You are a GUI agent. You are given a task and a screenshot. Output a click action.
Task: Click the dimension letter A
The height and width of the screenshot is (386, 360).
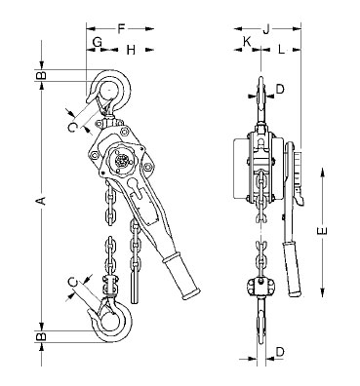pos(41,201)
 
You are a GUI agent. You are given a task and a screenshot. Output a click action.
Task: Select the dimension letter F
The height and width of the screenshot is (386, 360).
pos(121,29)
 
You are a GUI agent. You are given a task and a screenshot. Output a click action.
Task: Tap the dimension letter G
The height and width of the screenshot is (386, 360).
pos(98,42)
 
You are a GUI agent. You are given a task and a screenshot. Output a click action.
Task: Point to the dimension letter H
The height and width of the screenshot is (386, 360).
pos(131,50)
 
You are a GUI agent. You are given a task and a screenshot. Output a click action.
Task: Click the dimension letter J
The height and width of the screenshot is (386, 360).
pos(266,29)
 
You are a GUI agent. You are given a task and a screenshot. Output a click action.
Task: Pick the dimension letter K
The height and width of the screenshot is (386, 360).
pos(247,41)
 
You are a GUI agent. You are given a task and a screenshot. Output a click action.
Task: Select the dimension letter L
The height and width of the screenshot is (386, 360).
pos(281,50)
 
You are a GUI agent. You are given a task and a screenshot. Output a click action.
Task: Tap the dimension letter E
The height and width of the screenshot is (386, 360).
pos(322,231)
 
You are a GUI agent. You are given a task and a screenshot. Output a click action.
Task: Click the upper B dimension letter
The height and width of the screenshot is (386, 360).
pos(41,75)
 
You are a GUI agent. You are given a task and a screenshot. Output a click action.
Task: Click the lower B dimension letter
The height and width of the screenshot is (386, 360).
pos(41,336)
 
